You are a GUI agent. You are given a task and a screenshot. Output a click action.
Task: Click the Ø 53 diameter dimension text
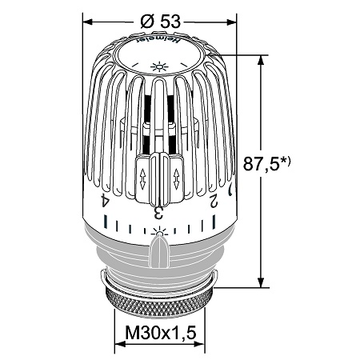tap(161, 21)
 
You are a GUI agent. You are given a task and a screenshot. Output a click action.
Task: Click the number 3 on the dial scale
tap(158, 213)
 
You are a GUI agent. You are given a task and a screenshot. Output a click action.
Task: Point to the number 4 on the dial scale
tap(105, 201)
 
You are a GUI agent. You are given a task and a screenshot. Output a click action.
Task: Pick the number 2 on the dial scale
tap(214, 201)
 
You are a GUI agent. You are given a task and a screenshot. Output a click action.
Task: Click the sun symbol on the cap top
tap(159, 66)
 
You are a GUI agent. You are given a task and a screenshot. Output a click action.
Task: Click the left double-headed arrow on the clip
tap(142, 179)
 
